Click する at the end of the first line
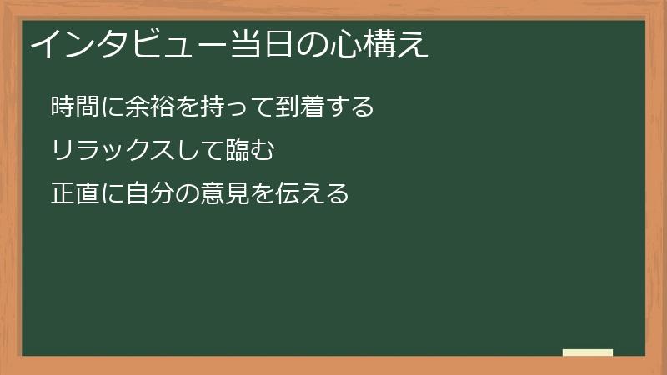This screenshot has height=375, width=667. tap(355, 107)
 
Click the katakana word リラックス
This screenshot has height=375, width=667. tap(112, 151)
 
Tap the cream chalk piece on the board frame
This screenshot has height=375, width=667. tap(588, 352)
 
